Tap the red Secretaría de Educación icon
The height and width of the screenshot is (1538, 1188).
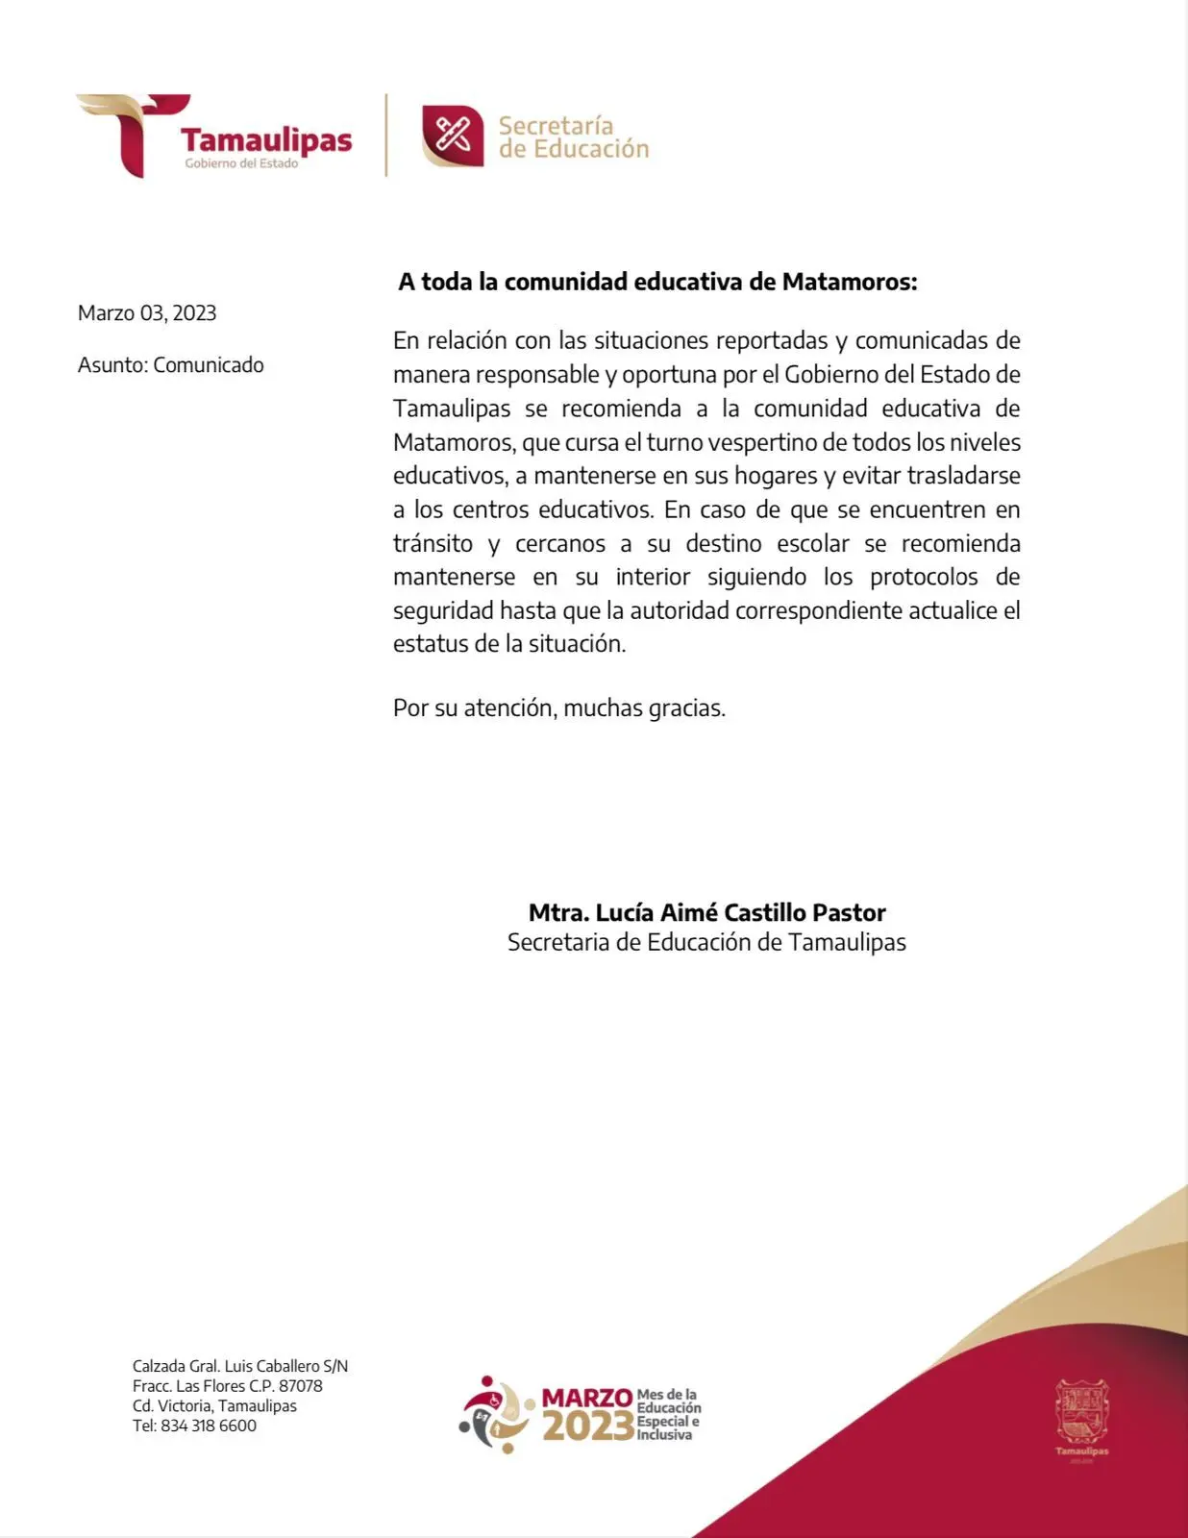tap(452, 136)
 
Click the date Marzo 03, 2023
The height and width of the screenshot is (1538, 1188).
tap(147, 313)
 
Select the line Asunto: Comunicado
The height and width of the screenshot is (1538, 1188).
tap(170, 365)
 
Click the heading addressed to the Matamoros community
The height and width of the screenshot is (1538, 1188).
tap(657, 282)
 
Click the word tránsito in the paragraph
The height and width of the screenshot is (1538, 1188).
tap(433, 543)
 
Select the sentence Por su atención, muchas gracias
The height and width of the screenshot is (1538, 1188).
tap(558, 708)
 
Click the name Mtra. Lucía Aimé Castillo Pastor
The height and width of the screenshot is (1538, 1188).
tap(706, 912)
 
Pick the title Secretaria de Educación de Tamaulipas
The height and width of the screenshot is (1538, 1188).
tap(706, 942)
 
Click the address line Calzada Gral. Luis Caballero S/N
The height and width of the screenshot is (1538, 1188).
tap(240, 1366)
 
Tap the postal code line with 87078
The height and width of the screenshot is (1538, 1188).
tap(228, 1386)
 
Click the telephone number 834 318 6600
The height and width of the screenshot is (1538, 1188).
tap(208, 1426)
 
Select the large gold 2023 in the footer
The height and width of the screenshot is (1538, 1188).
tap(587, 1427)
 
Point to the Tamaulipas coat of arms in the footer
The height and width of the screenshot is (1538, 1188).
tap(1081, 1411)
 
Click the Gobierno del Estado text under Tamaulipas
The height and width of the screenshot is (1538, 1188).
tap(241, 163)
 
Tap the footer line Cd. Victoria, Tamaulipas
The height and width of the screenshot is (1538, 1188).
tap(214, 1405)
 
